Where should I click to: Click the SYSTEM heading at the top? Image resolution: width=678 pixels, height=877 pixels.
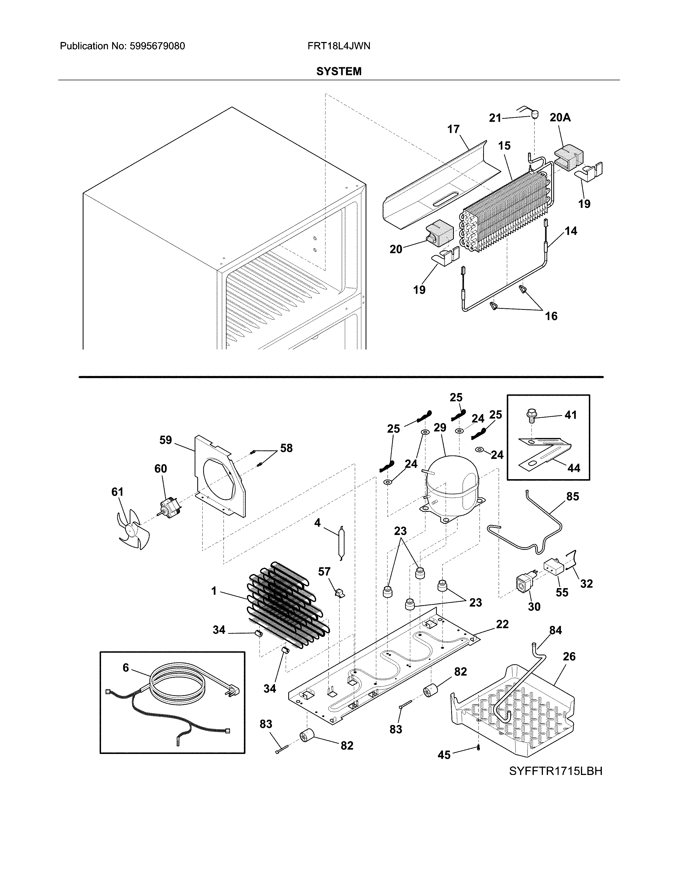pos(338,71)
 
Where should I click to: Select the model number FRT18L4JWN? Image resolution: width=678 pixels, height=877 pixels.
pos(338,46)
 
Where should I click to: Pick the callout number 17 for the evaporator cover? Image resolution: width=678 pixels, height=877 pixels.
pos(454,129)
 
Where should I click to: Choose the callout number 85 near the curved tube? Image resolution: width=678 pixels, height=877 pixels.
pos(572,497)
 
